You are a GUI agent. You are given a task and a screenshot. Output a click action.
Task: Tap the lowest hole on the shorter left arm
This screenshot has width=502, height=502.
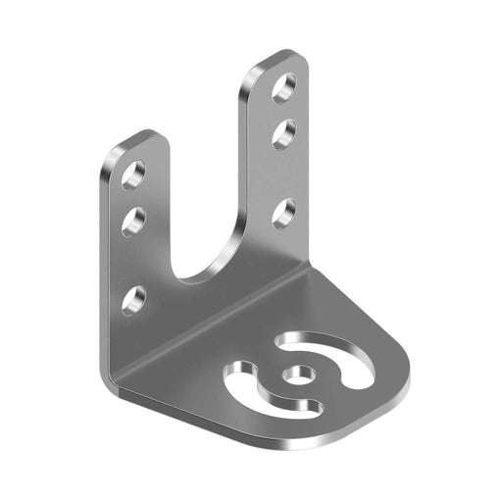click(134, 297)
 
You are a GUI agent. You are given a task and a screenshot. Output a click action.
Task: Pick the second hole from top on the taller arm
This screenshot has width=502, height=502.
click(285, 129)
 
